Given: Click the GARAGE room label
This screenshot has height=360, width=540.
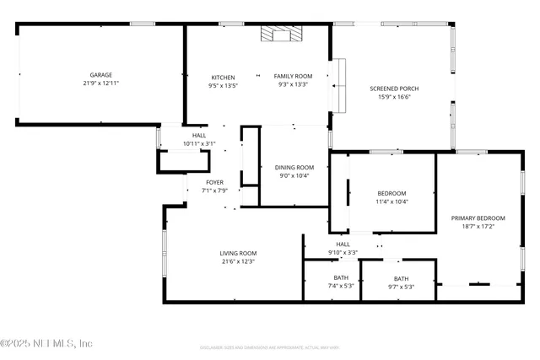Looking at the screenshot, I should [x=101, y=75].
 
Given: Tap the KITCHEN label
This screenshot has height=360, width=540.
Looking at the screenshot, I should [x=223, y=77].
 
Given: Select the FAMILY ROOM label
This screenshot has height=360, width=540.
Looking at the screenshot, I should [x=293, y=77].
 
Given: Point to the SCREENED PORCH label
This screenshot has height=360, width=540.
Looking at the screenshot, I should [x=394, y=89].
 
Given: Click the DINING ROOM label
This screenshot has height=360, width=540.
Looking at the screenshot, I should [x=294, y=167].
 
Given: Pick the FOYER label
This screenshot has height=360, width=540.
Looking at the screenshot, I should [x=215, y=182].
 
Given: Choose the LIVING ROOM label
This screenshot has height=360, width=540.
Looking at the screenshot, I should [x=238, y=253].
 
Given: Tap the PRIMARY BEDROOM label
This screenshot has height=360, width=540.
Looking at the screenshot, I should [x=478, y=218].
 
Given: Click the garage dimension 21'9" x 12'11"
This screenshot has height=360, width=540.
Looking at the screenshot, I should [x=101, y=83].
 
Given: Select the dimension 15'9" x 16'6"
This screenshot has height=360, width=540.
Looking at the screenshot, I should [x=394, y=97].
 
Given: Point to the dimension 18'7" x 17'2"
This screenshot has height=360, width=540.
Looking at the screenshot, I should [x=478, y=226].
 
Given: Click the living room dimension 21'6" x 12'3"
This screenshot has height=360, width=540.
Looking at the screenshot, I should [x=238, y=261].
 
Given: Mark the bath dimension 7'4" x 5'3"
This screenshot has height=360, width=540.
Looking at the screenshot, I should [x=341, y=286].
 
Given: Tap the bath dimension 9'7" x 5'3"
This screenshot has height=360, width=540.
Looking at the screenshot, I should [x=401, y=287].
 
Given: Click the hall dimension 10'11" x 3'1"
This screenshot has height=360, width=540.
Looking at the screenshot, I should [x=199, y=143].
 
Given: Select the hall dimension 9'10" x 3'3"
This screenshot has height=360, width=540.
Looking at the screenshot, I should [x=343, y=252].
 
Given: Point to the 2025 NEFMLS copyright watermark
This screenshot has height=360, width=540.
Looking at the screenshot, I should [x=46, y=343].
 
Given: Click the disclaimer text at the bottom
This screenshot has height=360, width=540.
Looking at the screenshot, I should [x=270, y=347].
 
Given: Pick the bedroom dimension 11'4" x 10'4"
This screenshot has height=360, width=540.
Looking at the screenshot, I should [x=391, y=201].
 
